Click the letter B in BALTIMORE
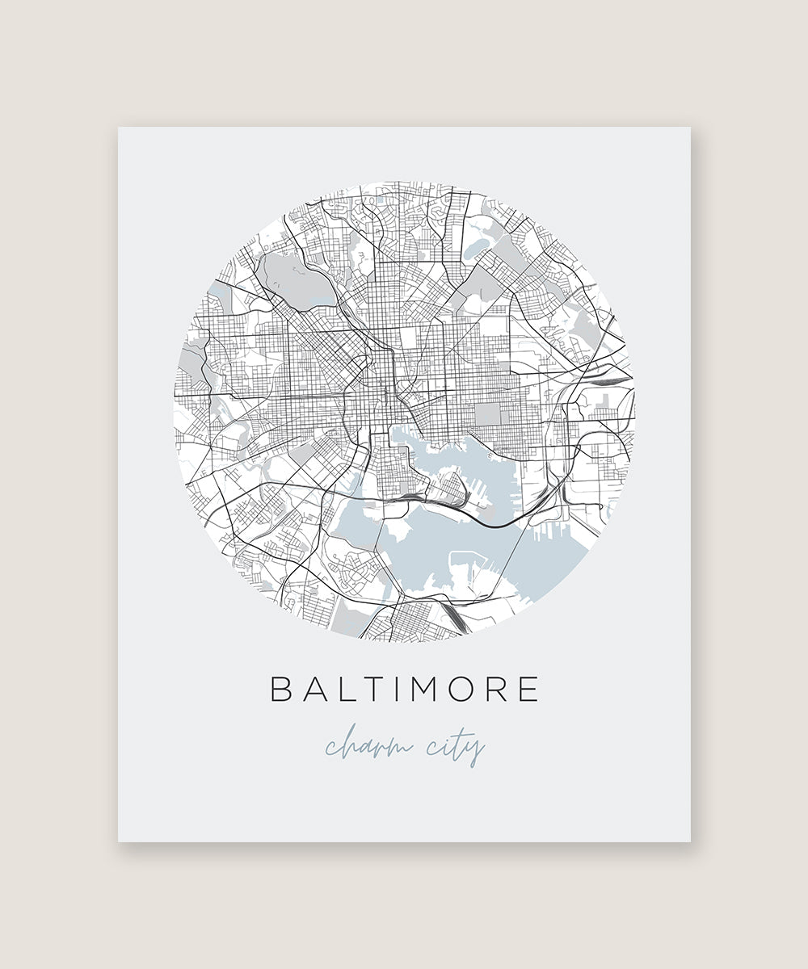(x=280, y=689)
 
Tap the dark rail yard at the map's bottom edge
(x=455, y=619)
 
